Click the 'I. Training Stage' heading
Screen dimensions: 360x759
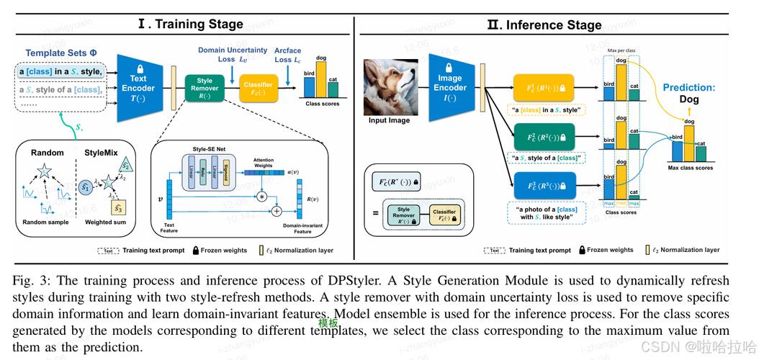[191, 24]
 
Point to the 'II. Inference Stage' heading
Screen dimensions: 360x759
[544, 24]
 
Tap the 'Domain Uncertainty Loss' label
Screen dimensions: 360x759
[233, 55]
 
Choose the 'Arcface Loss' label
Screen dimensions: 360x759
[288, 55]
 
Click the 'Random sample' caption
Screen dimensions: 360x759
[45, 222]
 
